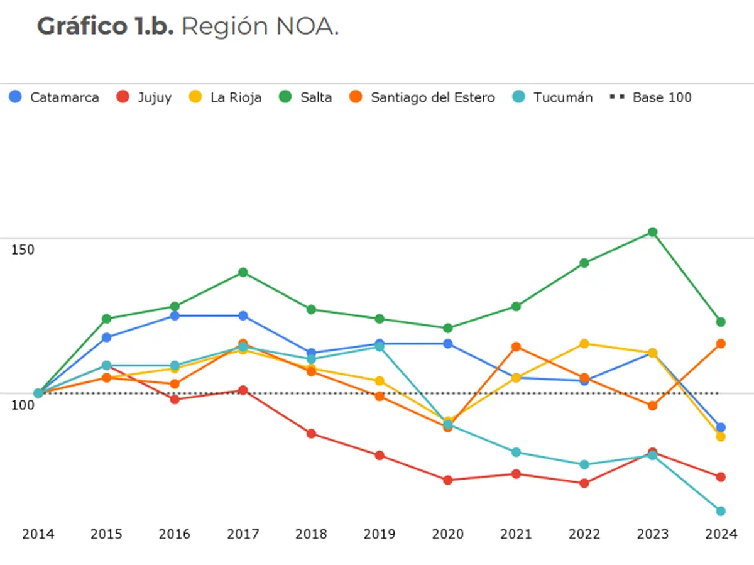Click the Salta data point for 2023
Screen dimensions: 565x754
[x=653, y=232]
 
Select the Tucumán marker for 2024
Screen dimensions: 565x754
[x=721, y=511]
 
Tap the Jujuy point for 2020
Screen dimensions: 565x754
[x=448, y=480]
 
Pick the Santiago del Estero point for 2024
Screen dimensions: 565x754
[x=721, y=344]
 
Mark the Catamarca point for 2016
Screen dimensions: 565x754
[x=175, y=315]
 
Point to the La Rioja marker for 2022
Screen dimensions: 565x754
[x=584, y=344]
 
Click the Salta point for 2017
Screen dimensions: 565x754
[x=243, y=272]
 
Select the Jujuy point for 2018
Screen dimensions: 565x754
[x=311, y=434]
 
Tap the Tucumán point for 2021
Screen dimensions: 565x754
[x=516, y=453]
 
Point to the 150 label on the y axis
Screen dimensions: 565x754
[x=23, y=250]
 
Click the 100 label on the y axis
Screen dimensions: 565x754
[x=23, y=405]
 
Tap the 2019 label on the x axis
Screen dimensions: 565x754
[x=380, y=535]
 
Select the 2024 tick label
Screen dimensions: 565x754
[x=721, y=535]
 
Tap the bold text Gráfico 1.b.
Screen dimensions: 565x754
[x=105, y=27]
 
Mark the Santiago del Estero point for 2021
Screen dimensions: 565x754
[x=516, y=347]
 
